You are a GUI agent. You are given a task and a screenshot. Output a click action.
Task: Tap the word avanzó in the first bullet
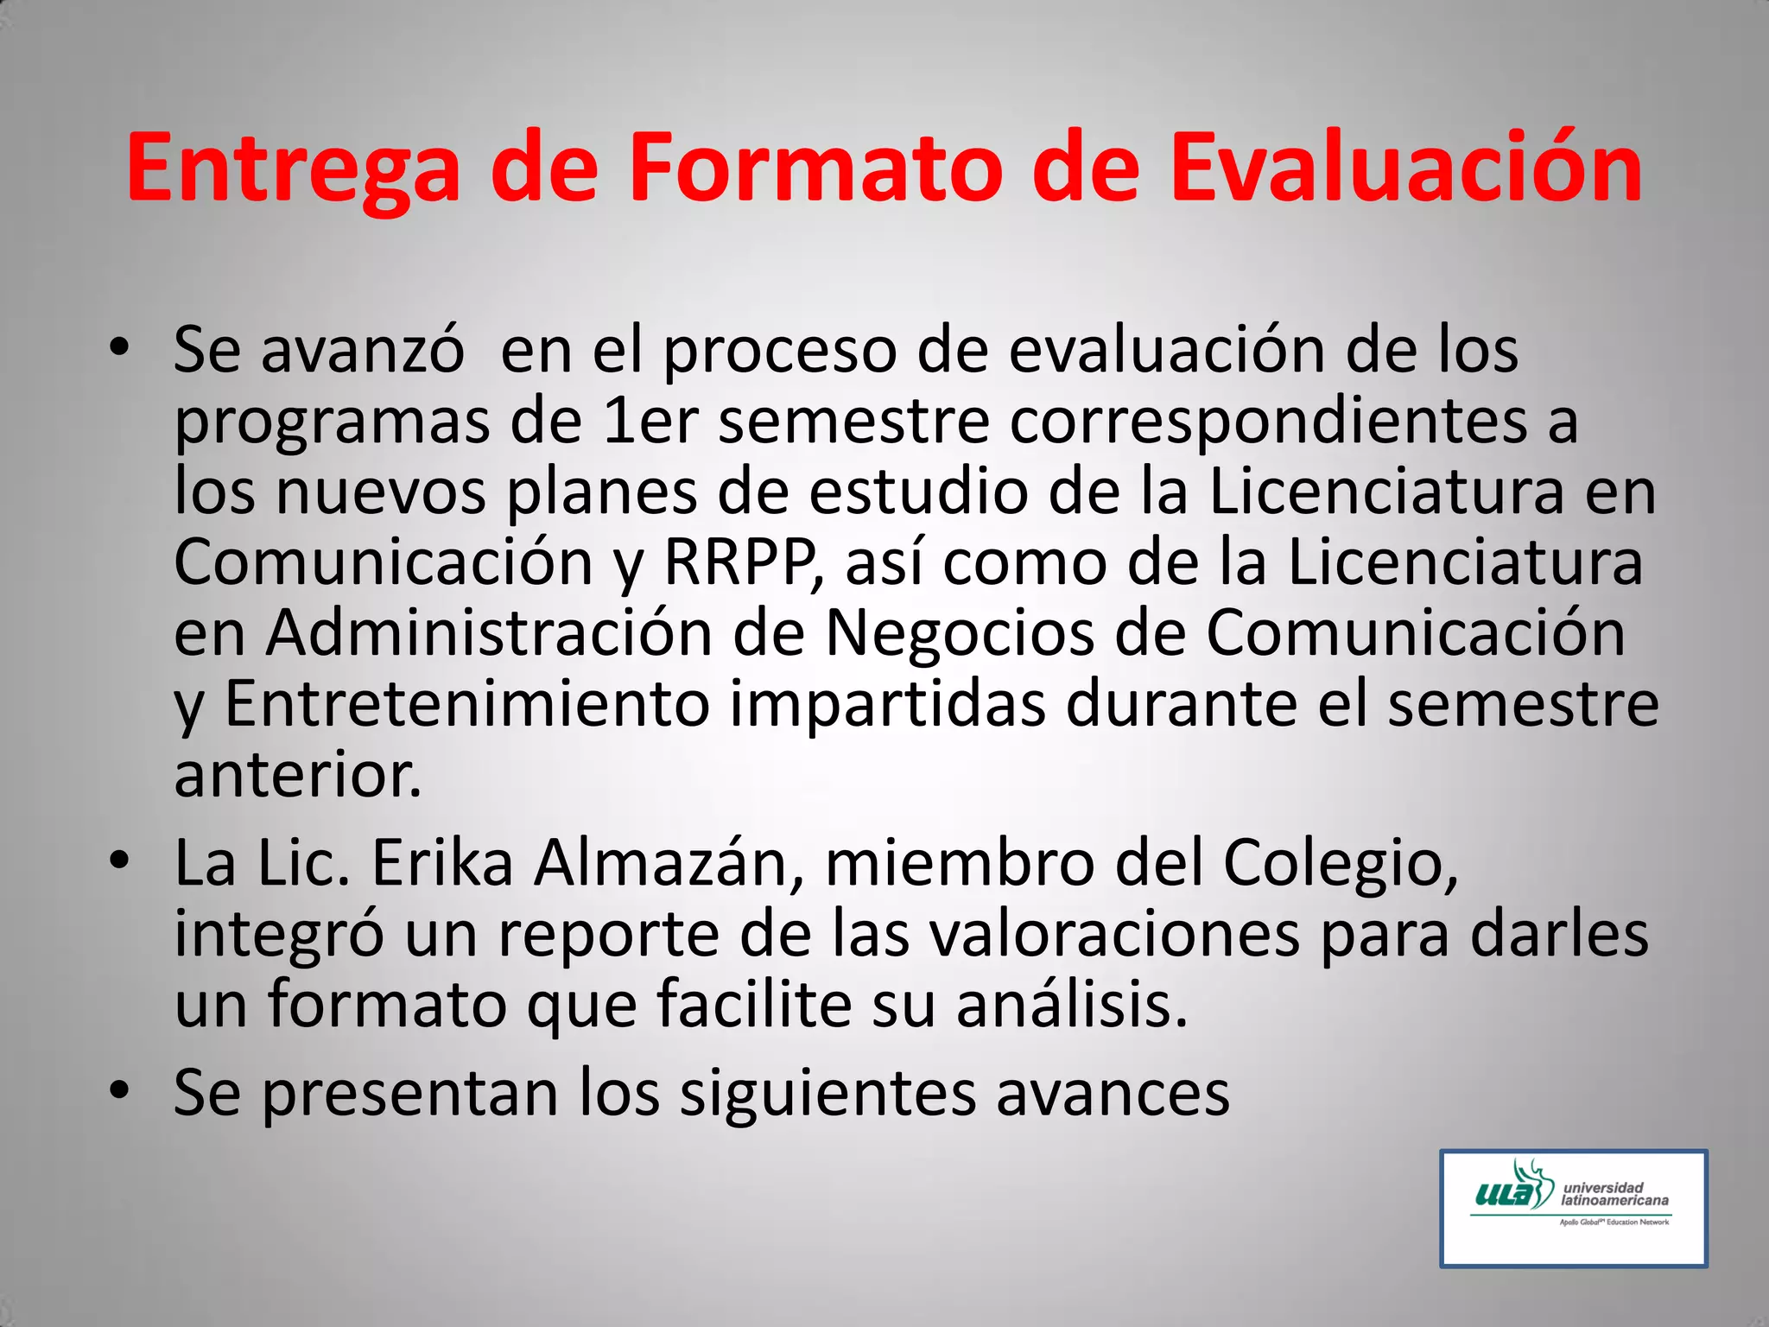click(363, 351)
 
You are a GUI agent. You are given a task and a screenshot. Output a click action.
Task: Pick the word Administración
click(489, 633)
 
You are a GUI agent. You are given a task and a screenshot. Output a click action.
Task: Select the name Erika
click(442, 863)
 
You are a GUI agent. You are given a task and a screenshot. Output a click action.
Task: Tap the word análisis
click(1072, 1005)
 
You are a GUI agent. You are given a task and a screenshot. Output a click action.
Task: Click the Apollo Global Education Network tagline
click(1614, 1222)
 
